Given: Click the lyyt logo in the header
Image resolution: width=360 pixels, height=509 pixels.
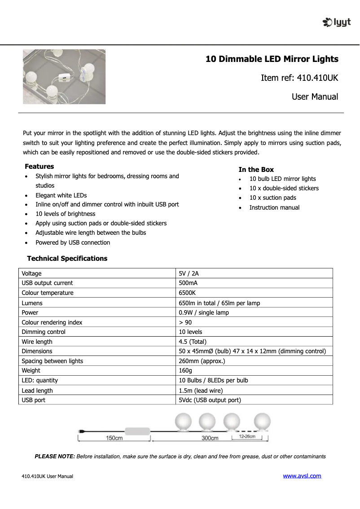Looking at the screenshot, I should pyautogui.click(x=337, y=22).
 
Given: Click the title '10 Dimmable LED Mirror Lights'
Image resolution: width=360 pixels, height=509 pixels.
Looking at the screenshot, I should pyautogui.click(x=272, y=59).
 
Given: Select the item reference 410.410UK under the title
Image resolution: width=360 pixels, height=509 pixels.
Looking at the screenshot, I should pyautogui.click(x=299, y=78).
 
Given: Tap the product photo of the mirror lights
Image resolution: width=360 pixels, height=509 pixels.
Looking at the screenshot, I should pyautogui.click(x=64, y=77).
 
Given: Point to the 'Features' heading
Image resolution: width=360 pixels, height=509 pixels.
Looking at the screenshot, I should pyautogui.click(x=40, y=167).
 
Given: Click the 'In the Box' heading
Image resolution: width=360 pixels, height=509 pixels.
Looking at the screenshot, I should pyautogui.click(x=256, y=170).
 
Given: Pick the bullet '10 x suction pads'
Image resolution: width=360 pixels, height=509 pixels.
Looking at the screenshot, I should pyautogui.click(x=272, y=198).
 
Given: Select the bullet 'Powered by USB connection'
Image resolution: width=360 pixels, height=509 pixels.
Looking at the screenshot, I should pyautogui.click(x=73, y=243).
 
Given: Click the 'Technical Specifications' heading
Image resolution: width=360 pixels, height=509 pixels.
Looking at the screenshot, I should pyautogui.click(x=67, y=259).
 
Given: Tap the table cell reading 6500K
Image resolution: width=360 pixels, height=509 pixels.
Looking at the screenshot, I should pyautogui.click(x=187, y=293).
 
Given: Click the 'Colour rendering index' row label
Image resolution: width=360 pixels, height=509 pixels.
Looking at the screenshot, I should pyautogui.click(x=52, y=322).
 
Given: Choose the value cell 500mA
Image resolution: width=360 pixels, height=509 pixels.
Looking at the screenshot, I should pyautogui.click(x=188, y=283).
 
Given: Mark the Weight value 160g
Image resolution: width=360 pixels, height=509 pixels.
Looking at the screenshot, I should pyautogui.click(x=185, y=371).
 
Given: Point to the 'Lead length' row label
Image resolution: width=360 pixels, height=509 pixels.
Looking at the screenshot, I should pyautogui.click(x=37, y=391).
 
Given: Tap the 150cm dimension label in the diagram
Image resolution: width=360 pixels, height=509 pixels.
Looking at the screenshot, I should pyautogui.click(x=114, y=438).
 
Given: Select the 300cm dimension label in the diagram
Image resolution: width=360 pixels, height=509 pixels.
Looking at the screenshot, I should pyautogui.click(x=210, y=438).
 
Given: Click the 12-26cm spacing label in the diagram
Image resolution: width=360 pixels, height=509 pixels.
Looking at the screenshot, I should pyautogui.click(x=247, y=436).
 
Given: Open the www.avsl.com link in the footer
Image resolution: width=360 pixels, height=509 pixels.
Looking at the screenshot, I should pyautogui.click(x=302, y=476).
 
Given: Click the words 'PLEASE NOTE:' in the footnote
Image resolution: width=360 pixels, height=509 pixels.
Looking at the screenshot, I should pyautogui.click(x=55, y=456).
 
